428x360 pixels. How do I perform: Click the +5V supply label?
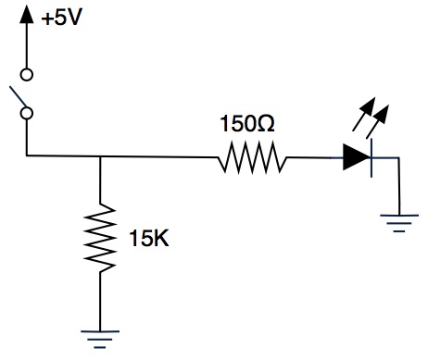tap(62, 19)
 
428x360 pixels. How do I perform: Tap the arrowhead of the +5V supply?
tap(27, 14)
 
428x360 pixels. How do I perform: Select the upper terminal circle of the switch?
tap(27, 75)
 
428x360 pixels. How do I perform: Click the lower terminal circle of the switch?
tap(27, 113)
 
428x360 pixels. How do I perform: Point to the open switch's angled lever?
tap(18, 97)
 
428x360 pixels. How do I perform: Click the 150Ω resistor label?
tap(247, 124)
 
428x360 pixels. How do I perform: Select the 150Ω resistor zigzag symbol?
tap(252, 157)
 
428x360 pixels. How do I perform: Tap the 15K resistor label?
tap(149, 238)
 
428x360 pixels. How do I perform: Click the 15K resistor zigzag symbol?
tap(100, 238)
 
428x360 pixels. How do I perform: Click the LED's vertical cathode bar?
tap(371, 158)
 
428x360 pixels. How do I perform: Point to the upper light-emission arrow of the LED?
tap(364, 114)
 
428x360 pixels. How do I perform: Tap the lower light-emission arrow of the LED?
tap(377, 121)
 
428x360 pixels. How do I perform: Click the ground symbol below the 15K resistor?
tap(100, 340)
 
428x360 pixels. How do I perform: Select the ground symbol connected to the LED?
tap(399, 223)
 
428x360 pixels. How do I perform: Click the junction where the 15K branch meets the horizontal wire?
tap(100, 156)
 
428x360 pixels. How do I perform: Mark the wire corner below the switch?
tap(27, 155)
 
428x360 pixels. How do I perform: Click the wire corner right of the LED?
tap(399, 158)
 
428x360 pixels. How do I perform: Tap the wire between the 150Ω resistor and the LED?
tap(315, 157)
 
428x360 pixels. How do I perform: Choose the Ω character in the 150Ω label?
tap(265, 124)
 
